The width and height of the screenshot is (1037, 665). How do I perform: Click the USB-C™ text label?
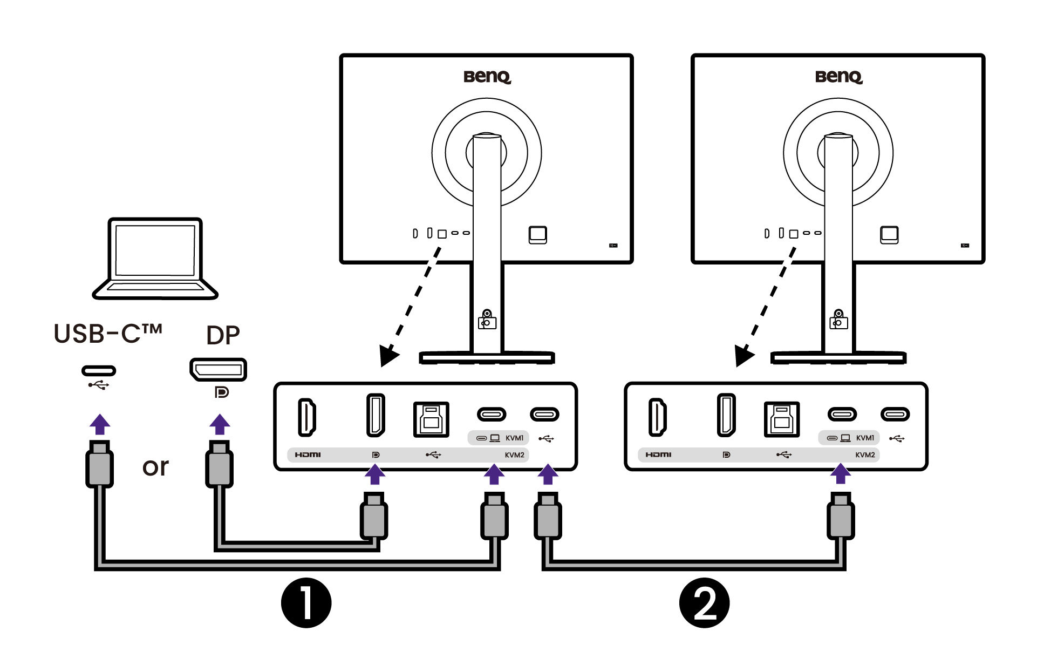(108, 334)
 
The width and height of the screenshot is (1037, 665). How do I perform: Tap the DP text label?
(223, 336)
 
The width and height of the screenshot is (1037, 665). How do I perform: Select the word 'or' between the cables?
(155, 467)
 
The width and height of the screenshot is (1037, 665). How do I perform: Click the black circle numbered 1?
(306, 603)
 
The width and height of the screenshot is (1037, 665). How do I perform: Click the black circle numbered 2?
(704, 603)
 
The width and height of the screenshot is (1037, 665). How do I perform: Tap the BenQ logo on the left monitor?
(487, 77)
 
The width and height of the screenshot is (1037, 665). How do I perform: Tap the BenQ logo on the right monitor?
(838, 77)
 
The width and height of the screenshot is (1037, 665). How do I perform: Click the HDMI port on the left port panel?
(306, 417)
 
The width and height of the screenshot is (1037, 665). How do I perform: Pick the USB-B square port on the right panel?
(782, 419)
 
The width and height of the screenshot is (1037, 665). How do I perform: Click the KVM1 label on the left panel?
(514, 438)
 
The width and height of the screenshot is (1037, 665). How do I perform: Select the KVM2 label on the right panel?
(865, 455)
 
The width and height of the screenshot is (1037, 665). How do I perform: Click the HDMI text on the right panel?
(658, 455)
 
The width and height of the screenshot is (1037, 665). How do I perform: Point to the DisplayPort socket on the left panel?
(376, 415)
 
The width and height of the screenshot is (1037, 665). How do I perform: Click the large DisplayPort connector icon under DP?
(218, 370)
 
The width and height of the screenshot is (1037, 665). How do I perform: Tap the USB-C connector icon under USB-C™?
(99, 371)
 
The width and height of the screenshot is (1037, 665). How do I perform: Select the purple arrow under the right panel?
(840, 474)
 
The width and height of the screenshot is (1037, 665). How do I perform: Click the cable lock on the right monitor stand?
(838, 320)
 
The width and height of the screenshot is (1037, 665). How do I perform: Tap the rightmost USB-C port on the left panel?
(544, 415)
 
